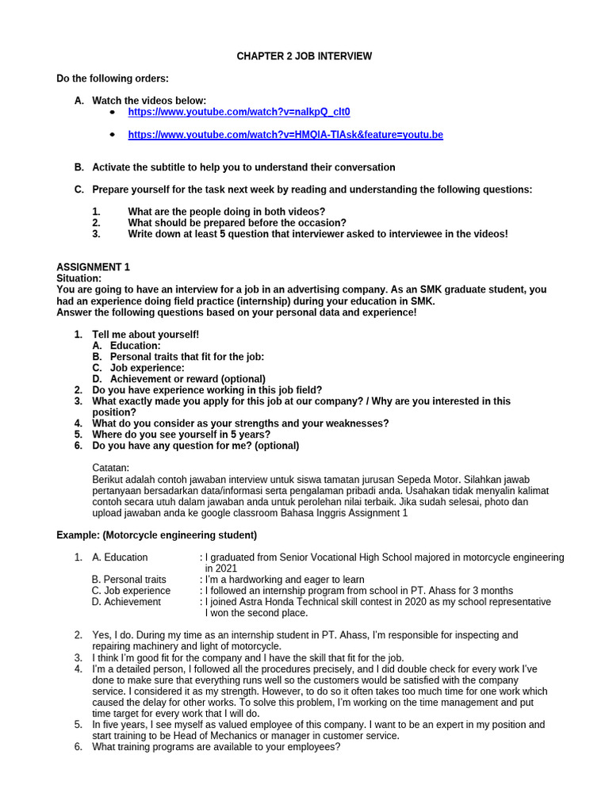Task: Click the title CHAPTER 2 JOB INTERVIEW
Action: (304, 56)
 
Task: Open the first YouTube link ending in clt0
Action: (239, 113)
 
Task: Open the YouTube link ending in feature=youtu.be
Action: (285, 135)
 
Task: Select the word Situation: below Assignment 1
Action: (79, 278)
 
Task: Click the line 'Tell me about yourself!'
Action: (146, 335)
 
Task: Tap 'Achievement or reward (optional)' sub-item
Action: (187, 379)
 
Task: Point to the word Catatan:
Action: (110, 468)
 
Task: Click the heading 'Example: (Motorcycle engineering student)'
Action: (156, 535)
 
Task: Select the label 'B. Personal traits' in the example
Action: (129, 580)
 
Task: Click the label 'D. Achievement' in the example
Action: (126, 602)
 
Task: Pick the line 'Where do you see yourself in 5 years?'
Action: (181, 435)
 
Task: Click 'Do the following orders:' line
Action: (112, 79)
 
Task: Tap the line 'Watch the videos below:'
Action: (149, 101)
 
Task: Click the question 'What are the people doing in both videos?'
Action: (226, 212)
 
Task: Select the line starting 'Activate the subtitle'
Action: (243, 167)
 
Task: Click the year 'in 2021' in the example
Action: (220, 569)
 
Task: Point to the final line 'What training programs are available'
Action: (216, 746)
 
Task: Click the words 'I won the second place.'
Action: (257, 613)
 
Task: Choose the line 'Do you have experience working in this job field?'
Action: (207, 390)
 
